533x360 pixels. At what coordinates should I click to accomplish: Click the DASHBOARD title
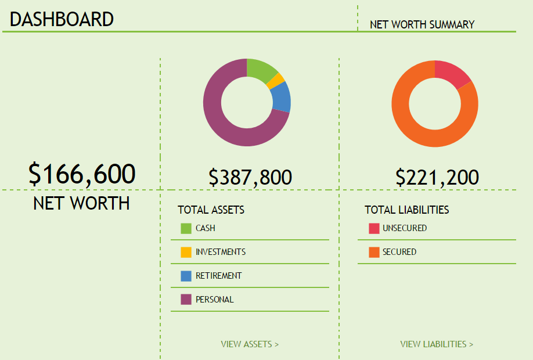click(62, 19)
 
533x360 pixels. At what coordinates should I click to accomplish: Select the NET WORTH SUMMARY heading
click(422, 24)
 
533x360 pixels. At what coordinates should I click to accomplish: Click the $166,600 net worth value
click(82, 174)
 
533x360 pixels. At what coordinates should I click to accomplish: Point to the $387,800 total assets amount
click(250, 177)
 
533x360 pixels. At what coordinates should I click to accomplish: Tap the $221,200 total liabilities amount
click(437, 177)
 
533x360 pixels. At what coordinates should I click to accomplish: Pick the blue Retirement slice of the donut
click(281, 97)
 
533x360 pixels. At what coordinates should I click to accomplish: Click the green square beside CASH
click(186, 229)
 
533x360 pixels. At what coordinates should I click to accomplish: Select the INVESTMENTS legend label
click(221, 252)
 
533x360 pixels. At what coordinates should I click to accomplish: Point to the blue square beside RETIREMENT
click(186, 276)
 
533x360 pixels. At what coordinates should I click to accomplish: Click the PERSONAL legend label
click(215, 300)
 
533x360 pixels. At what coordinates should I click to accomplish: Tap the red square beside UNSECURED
click(374, 229)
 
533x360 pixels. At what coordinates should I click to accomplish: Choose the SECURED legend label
click(399, 252)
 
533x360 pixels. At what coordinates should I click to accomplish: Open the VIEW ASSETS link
click(250, 344)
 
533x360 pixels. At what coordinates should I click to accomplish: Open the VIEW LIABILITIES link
click(437, 344)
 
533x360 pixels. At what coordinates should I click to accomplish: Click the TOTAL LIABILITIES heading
click(406, 210)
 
